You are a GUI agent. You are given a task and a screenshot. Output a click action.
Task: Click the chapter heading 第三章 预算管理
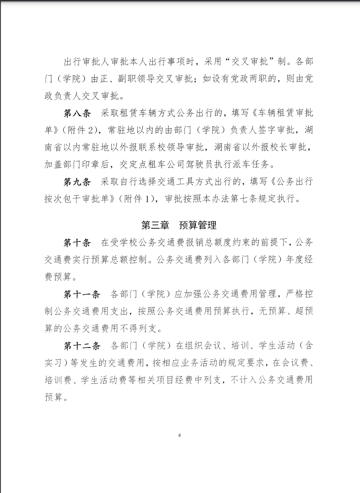point(180,225)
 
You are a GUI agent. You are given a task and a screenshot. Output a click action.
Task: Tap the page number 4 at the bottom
point(180,435)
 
